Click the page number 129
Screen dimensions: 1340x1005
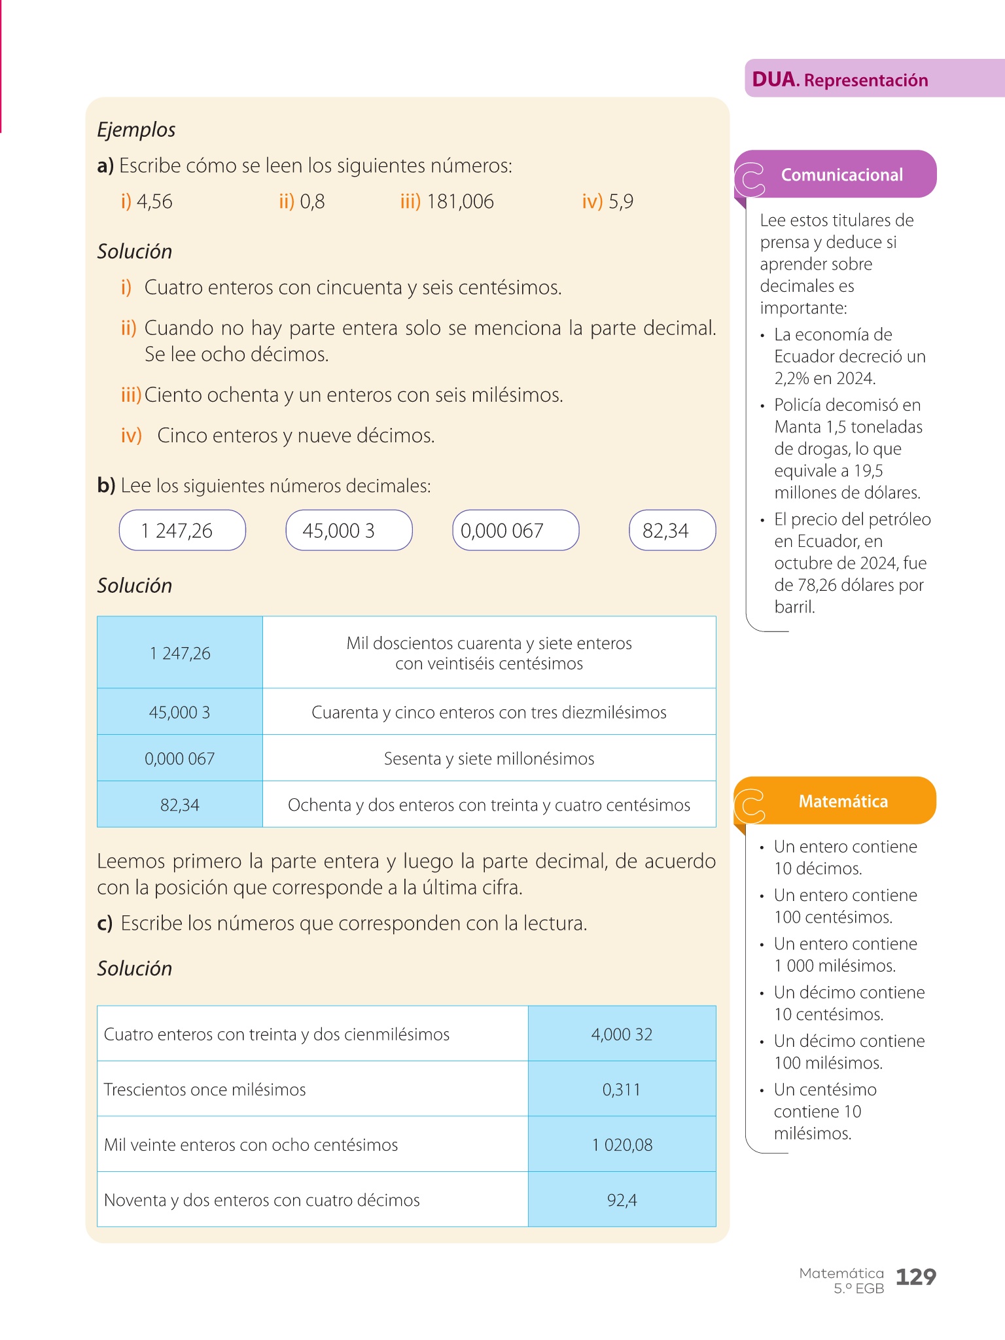coord(915,1277)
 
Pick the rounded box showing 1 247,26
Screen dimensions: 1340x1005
coord(182,530)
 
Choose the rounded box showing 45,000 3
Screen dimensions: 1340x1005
coord(349,530)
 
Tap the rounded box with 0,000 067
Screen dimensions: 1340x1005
coord(516,530)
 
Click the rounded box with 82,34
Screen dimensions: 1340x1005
coord(672,530)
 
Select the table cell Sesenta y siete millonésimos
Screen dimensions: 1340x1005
coord(489,758)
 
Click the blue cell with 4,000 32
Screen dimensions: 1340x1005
coord(622,1034)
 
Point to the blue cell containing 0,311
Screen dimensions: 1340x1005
coord(622,1089)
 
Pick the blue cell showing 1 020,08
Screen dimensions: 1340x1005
coord(622,1144)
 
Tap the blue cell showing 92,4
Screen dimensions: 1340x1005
coord(622,1200)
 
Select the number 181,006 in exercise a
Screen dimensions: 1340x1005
coord(460,202)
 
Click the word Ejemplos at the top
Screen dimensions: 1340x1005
coord(136,130)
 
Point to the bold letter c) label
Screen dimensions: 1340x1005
coord(105,923)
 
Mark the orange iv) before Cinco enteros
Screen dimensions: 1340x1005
coord(132,435)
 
